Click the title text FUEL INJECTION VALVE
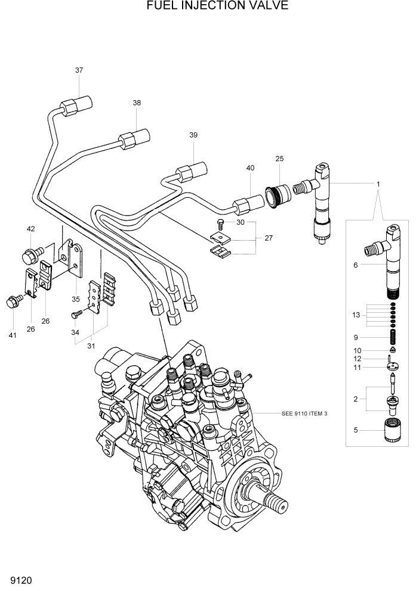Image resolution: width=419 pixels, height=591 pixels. (x=209, y=6)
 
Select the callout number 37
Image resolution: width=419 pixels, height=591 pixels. (x=79, y=70)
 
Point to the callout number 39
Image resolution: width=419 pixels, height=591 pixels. (x=193, y=135)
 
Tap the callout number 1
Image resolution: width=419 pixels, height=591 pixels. (x=378, y=184)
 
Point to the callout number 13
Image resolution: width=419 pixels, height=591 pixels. (x=356, y=315)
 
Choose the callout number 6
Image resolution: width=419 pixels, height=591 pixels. (x=356, y=265)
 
